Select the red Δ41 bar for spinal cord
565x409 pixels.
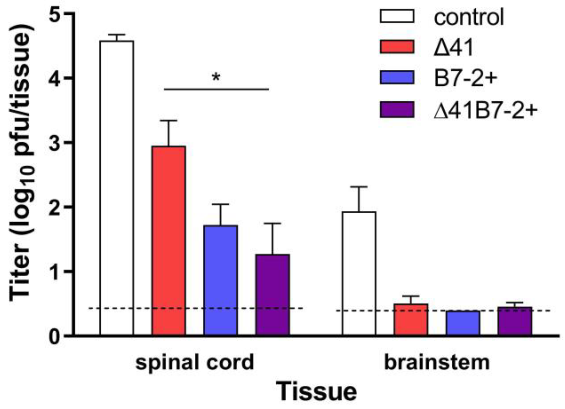(169, 241)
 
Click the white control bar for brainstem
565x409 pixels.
(359, 273)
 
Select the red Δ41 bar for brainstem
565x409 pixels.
(411, 319)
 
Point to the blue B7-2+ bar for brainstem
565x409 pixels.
(463, 323)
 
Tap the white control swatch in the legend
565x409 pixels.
(397, 16)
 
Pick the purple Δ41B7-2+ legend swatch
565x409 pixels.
(397, 110)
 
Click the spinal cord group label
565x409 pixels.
(195, 362)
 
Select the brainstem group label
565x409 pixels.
(437, 362)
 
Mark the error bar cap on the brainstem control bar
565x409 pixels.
(359, 187)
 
